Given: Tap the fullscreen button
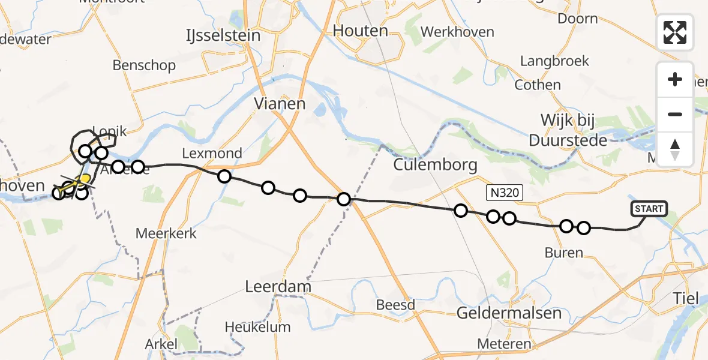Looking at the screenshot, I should click(675, 32).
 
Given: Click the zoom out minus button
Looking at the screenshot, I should click(675, 115).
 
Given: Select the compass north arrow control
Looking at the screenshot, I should click(675, 149).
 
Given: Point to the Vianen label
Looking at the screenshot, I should click(280, 104).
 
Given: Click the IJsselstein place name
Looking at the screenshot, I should click(223, 35).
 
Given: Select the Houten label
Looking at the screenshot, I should click(361, 31).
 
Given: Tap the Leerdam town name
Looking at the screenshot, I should click(278, 287).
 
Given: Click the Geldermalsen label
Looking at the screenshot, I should click(509, 313).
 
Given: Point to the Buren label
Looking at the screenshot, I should click(564, 253).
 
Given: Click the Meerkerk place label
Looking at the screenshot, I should click(166, 233).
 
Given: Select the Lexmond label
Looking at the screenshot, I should click(212, 154).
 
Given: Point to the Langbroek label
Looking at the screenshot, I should click(554, 61).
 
